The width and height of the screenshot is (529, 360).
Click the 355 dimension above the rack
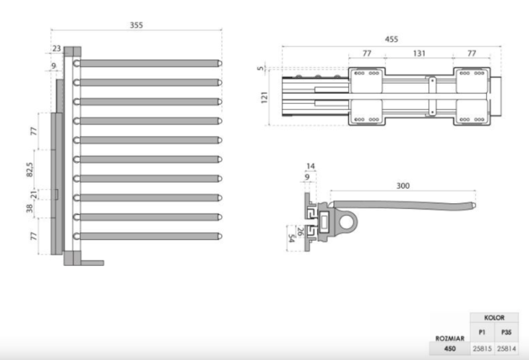(x=136, y=25)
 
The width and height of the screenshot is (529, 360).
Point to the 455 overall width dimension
(x=391, y=39)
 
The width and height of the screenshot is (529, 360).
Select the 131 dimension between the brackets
(x=419, y=54)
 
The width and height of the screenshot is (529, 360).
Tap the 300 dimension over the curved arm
(x=403, y=186)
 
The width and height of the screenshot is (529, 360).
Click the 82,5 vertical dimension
(x=30, y=169)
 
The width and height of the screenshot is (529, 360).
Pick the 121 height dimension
(x=264, y=97)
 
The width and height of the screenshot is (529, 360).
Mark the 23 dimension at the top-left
(x=56, y=48)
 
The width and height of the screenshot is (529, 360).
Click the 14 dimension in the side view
(x=310, y=166)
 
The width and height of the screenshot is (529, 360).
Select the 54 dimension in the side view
(x=291, y=238)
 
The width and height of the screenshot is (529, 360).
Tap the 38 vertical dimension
(x=30, y=208)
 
